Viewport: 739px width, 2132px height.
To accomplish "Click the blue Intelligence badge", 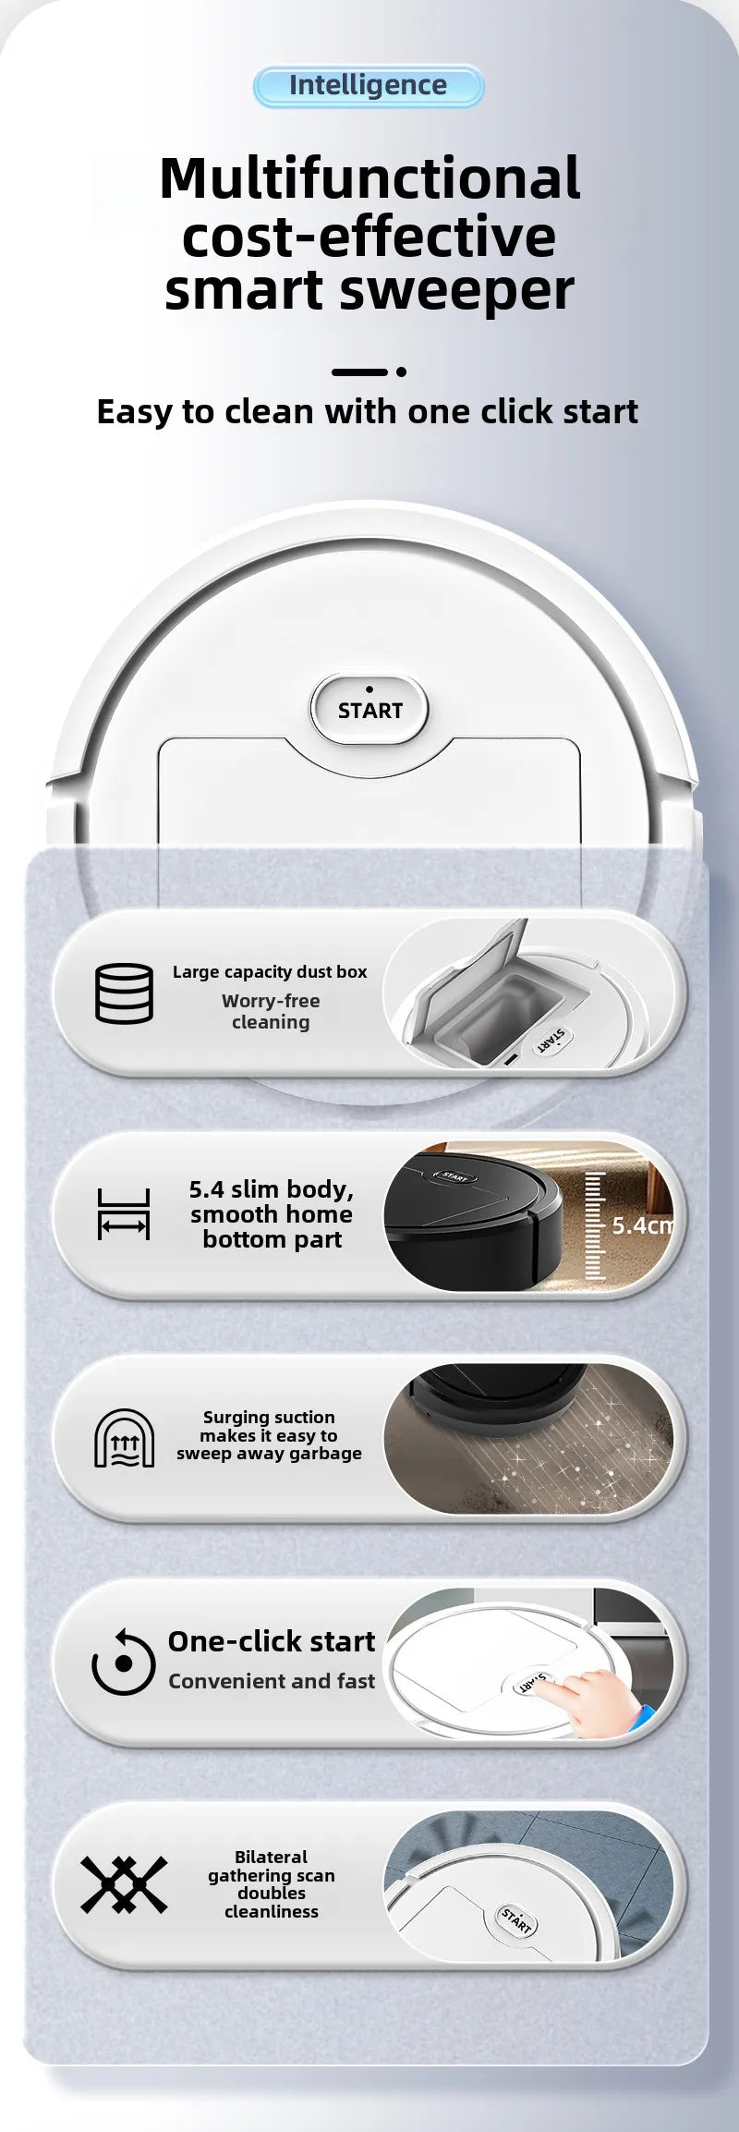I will click(x=368, y=86).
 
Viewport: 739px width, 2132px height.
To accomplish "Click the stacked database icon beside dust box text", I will click(x=124, y=993).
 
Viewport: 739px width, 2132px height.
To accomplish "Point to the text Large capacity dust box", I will click(x=270, y=972).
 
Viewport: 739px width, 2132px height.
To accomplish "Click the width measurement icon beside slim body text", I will click(x=124, y=1214).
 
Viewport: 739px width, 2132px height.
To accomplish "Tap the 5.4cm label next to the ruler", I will click(x=642, y=1225).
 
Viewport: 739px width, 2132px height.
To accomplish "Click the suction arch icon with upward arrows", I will click(x=124, y=1438).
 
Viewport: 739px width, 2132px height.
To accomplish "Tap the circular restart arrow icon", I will click(x=123, y=1663).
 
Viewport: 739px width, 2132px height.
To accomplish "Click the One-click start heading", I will click(x=272, y=1641).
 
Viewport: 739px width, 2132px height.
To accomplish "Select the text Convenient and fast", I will click(x=272, y=1681).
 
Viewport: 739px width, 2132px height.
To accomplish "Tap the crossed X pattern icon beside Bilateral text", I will click(x=124, y=1885).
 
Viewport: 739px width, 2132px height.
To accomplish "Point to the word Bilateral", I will click(x=271, y=1858).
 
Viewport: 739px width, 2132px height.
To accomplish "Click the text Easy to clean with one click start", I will click(x=368, y=412).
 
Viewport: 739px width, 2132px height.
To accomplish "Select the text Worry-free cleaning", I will click(x=271, y=1012).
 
